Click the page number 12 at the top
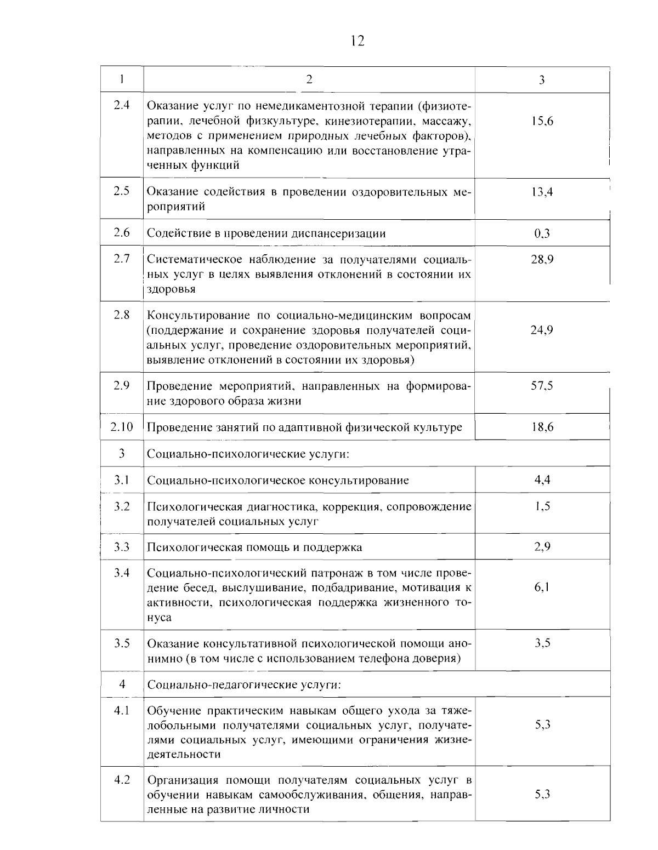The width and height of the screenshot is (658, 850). point(356,41)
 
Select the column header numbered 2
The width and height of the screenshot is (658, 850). point(309,79)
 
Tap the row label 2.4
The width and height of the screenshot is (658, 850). point(122,105)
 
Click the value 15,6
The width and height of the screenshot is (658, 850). point(542,121)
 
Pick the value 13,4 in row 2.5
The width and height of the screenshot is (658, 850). point(542,192)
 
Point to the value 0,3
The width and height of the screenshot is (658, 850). point(542,233)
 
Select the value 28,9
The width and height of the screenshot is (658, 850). point(542,259)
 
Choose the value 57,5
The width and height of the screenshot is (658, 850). point(542,386)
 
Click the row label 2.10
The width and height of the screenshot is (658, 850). point(122,427)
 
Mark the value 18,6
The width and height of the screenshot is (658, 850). point(542,427)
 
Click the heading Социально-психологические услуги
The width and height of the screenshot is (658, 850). point(248,454)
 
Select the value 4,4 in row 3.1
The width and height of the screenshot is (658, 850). point(542,480)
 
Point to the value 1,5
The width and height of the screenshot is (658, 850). point(542,506)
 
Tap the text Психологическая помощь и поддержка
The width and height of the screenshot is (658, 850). point(254,547)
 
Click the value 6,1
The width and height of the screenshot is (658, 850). point(542,587)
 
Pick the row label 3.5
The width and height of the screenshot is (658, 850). point(122,643)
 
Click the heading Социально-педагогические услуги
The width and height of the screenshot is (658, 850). point(245,684)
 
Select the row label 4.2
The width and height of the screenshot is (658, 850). point(122,779)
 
